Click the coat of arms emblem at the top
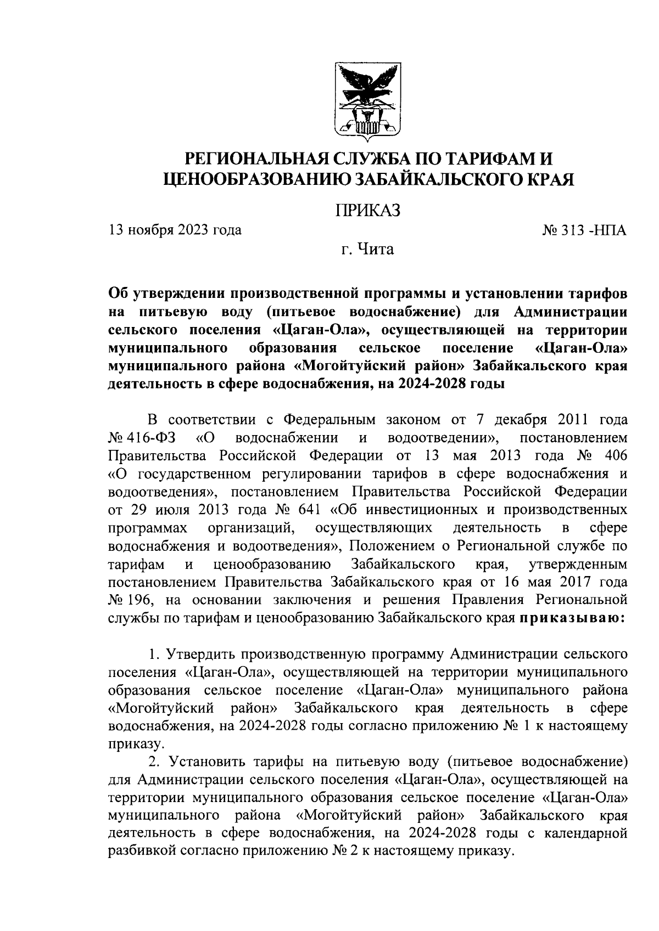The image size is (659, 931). (x=367, y=103)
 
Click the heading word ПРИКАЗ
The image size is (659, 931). (x=367, y=209)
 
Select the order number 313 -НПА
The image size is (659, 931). (x=584, y=230)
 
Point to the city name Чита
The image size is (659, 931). (x=376, y=250)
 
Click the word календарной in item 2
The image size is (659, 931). (x=585, y=833)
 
